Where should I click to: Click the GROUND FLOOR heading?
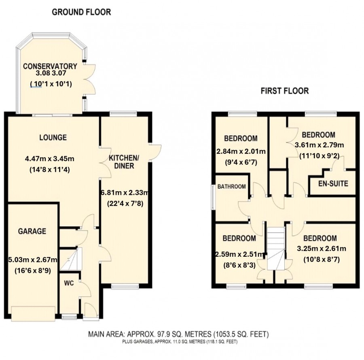(81, 12)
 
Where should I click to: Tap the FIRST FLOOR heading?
(285, 91)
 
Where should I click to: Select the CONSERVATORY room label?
(50, 66)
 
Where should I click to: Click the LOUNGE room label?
(53, 137)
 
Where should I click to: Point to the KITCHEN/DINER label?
(124, 162)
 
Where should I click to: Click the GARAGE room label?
(32, 231)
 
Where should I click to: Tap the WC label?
(69, 283)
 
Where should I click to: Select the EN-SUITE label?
(333, 183)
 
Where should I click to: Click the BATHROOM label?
(232, 186)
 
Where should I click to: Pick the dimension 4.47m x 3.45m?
(49, 159)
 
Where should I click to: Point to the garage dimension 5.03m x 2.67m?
(32, 259)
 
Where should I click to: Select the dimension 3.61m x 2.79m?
(319, 145)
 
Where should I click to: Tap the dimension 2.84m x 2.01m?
(241, 151)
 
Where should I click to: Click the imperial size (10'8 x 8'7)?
(322, 259)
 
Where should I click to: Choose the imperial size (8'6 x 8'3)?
(239, 265)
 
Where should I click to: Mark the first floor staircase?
(276, 248)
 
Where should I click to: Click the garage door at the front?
(33, 314)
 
